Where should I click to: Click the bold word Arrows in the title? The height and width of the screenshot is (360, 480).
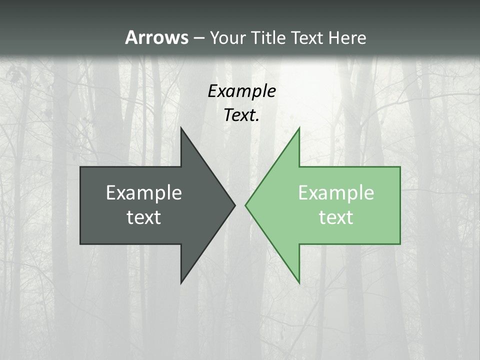click(x=156, y=37)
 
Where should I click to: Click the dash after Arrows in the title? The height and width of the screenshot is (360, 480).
click(x=198, y=38)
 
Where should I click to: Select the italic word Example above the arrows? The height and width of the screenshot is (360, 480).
click(x=241, y=91)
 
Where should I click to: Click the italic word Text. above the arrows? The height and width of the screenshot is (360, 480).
click(x=241, y=115)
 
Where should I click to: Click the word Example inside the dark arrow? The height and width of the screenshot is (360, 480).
click(x=144, y=193)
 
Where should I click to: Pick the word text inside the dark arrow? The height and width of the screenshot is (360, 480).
click(x=144, y=217)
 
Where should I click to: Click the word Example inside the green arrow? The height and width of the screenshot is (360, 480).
click(x=336, y=193)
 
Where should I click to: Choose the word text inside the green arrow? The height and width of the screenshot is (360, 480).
click(x=336, y=217)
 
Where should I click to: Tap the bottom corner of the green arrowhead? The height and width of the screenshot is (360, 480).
click(x=299, y=282)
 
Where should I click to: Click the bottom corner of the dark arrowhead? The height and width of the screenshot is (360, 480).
click(x=182, y=282)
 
